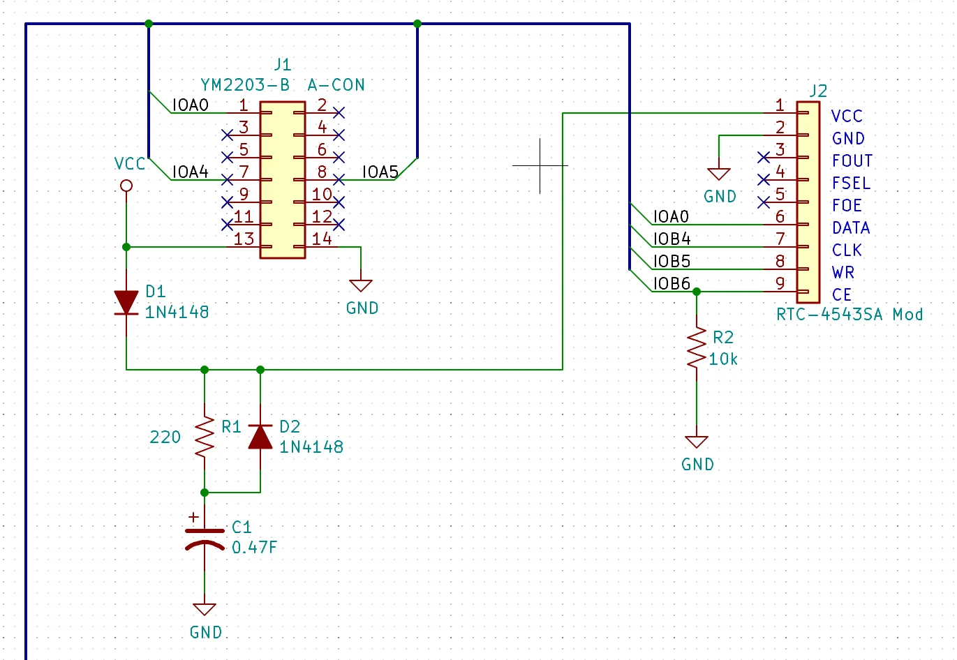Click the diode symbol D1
click(126, 303)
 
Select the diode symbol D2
click(260, 437)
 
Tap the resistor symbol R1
click(205, 437)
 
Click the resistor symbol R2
click(697, 347)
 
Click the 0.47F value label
click(254, 547)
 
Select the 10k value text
click(723, 359)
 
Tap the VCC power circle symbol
click(126, 186)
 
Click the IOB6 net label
click(672, 283)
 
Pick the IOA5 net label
click(380, 172)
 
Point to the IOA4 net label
click(190, 172)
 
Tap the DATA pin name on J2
click(851, 228)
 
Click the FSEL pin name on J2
click(851, 183)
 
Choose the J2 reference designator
click(818, 91)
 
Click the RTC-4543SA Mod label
click(850, 315)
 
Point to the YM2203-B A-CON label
click(283, 85)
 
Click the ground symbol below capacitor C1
click(205, 609)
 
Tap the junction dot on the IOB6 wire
click(697, 292)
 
